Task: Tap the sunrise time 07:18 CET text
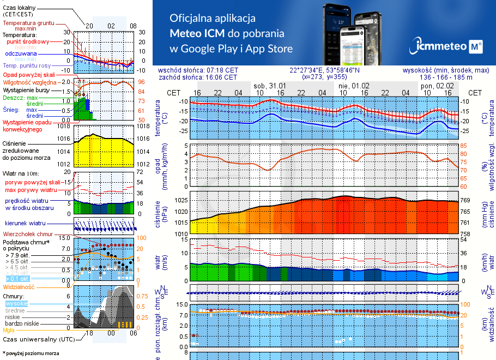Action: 222,70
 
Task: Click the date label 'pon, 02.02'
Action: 438,86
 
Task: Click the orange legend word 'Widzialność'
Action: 19,286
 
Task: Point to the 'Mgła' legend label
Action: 9,330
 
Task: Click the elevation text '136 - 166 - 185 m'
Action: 446,77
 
